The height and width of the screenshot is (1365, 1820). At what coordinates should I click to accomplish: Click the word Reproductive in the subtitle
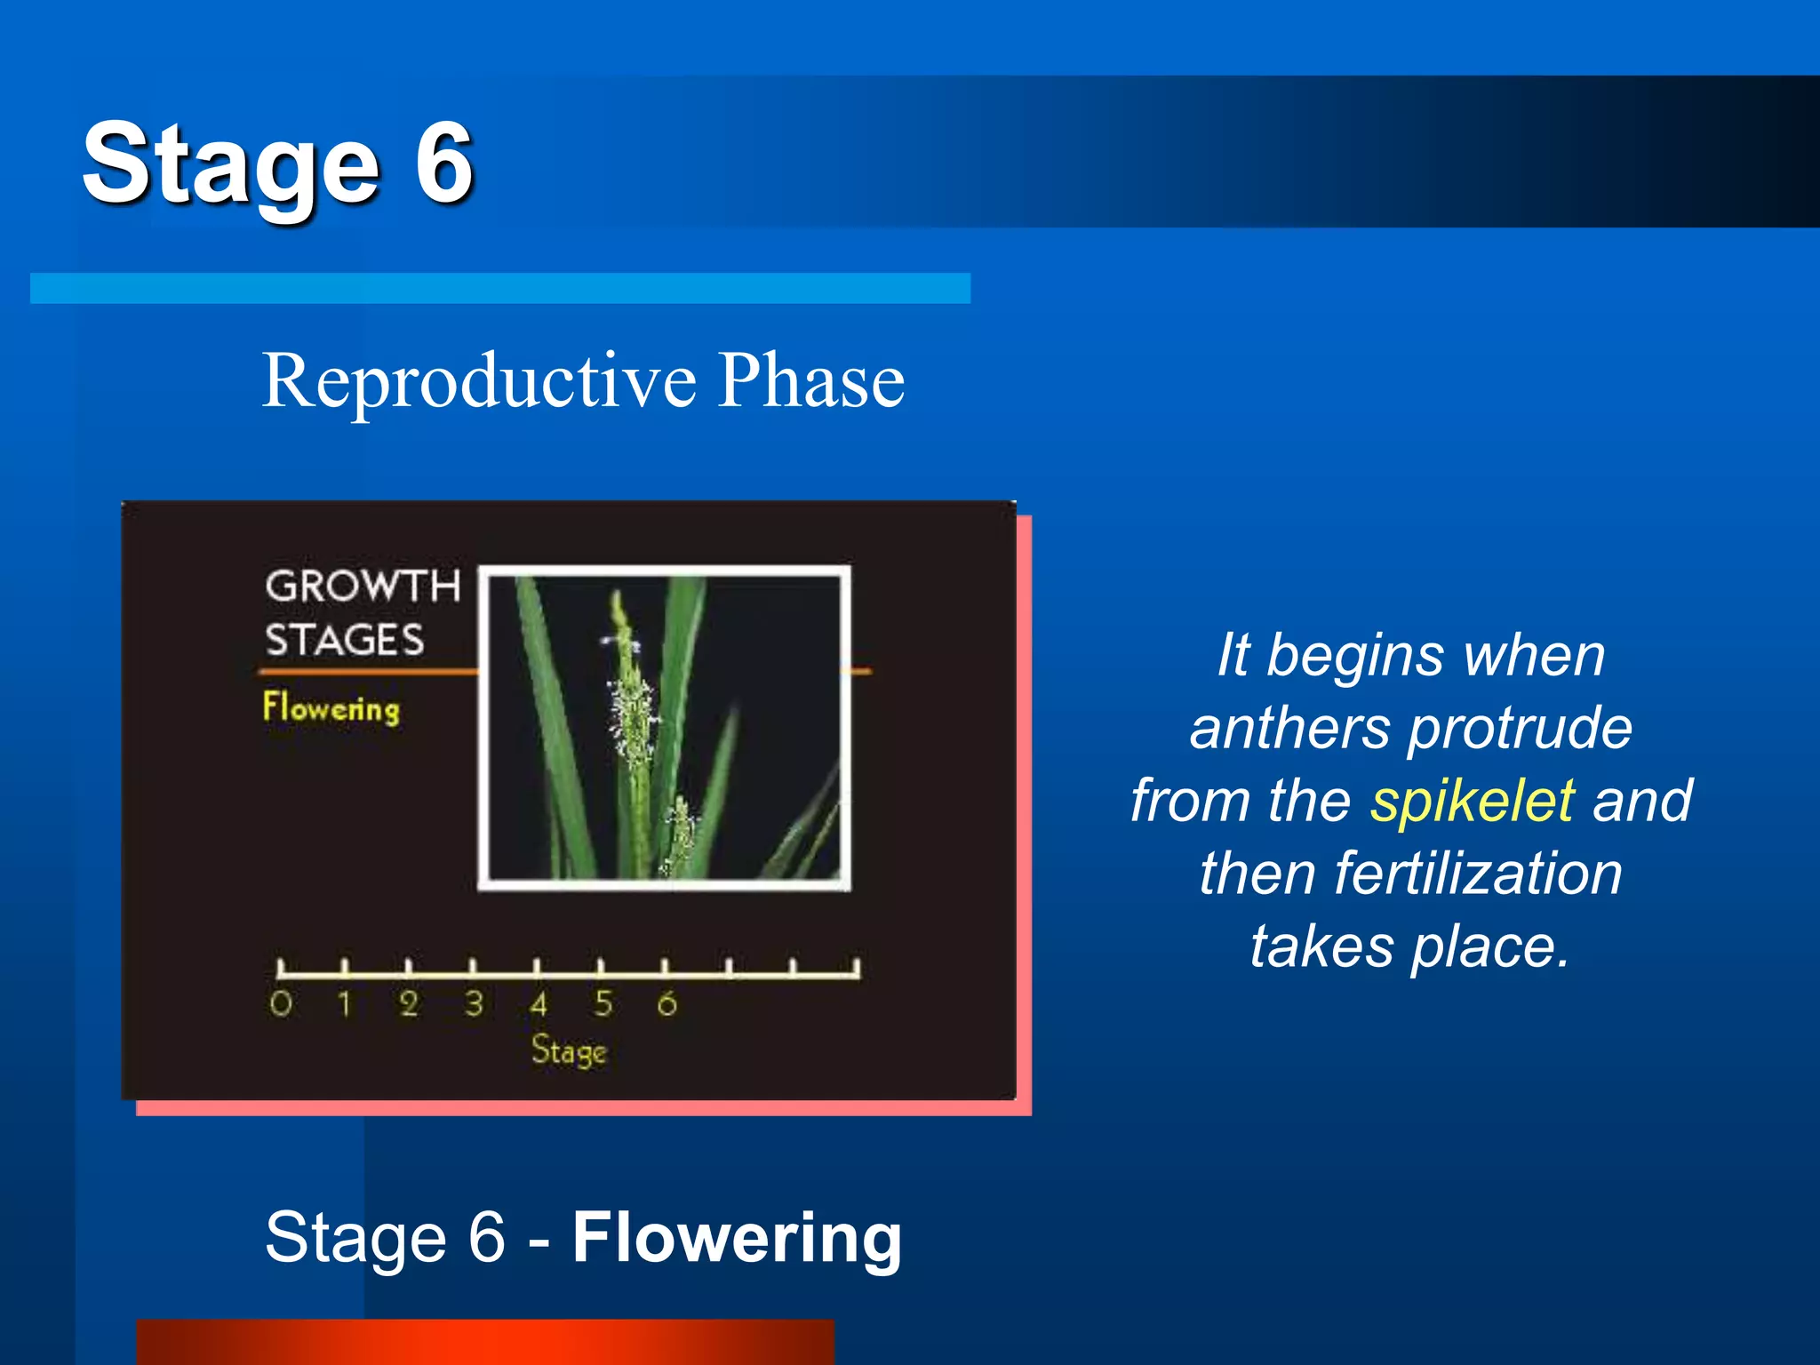tap(479, 381)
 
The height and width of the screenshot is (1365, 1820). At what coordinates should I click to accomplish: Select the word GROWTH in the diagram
tap(363, 587)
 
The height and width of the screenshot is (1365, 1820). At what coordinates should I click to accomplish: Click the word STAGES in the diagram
tap(345, 641)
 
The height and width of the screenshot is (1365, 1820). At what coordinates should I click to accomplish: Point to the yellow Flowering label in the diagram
tap(331, 708)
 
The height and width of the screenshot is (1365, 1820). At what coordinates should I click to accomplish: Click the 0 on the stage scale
tap(281, 1004)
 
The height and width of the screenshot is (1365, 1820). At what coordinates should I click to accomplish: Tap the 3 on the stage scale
tap(474, 1004)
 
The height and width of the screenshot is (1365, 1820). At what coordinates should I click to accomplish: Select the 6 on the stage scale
tap(667, 1004)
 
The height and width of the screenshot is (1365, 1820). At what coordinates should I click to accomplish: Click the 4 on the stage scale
tap(538, 1004)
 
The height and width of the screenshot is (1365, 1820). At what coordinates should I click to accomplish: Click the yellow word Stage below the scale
tap(569, 1051)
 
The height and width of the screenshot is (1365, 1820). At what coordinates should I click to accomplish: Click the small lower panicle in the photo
tap(680, 831)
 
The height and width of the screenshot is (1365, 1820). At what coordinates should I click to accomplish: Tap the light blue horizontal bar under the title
tap(499, 288)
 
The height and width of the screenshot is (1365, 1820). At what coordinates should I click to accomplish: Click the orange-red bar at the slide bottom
tap(484, 1341)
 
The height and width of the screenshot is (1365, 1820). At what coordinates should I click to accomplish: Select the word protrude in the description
tap(1520, 729)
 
